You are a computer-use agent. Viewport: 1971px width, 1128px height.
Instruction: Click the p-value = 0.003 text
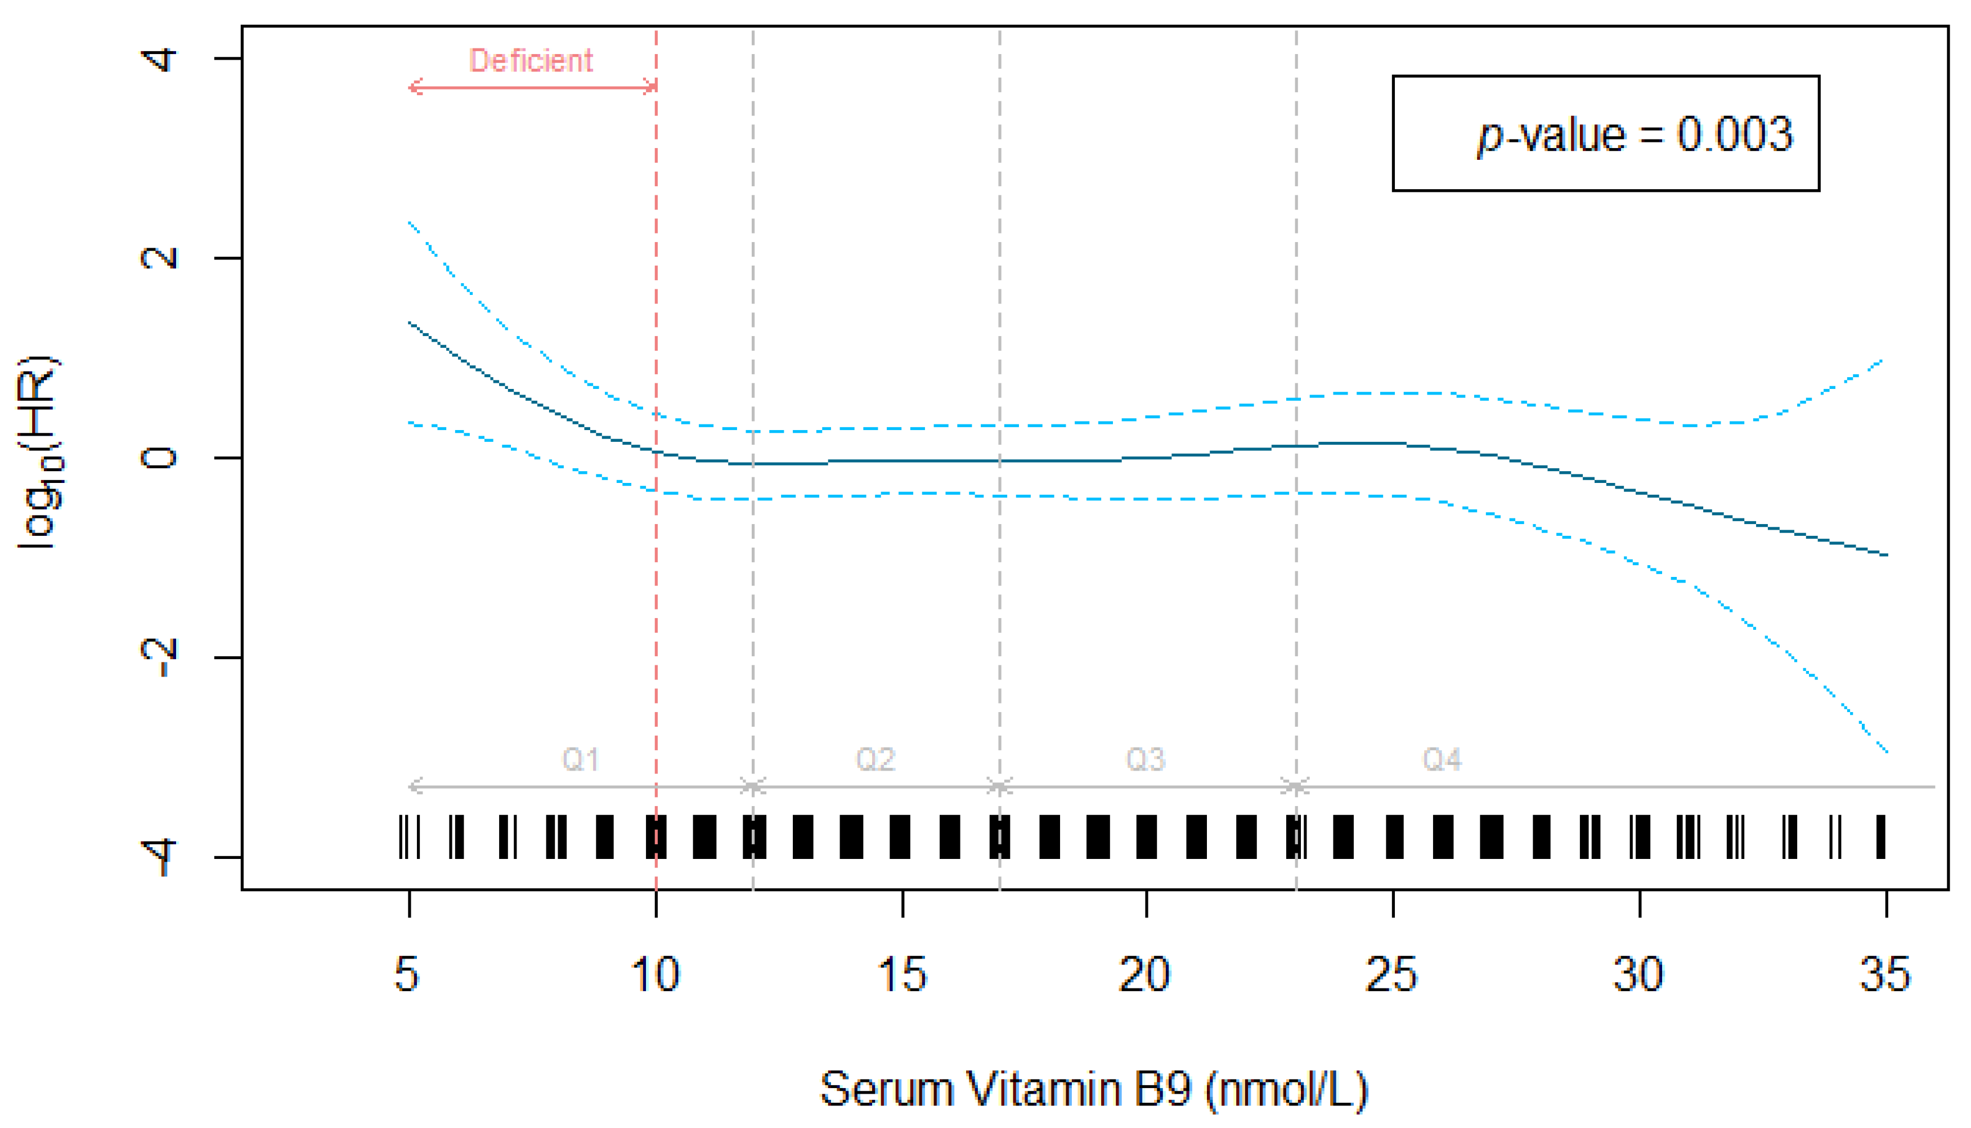(1635, 134)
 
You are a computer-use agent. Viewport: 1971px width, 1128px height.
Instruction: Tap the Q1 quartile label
(580, 759)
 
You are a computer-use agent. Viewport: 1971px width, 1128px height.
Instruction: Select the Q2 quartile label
(875, 759)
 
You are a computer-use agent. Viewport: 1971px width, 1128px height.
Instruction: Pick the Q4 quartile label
(1442, 759)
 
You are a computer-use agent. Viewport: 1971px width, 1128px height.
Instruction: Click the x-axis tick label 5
(407, 974)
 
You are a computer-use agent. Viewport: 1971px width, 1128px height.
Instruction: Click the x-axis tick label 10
(655, 974)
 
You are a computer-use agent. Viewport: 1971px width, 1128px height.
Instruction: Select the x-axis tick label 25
(1391, 974)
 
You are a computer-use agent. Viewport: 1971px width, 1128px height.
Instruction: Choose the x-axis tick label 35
(1885, 974)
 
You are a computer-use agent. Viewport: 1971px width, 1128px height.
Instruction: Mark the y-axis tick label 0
(159, 458)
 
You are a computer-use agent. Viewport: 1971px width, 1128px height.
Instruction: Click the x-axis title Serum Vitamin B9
(1094, 1089)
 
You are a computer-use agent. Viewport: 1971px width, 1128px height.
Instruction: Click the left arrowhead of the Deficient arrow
(412, 88)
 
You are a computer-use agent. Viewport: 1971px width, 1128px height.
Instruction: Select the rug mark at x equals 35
(1880, 836)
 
